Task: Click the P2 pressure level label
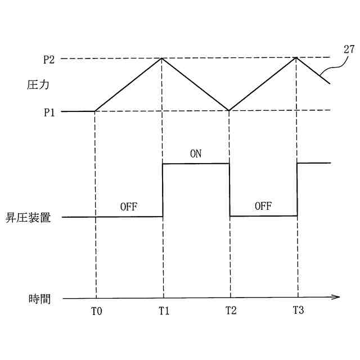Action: point(49,58)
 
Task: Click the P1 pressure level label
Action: point(49,111)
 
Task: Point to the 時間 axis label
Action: point(39,299)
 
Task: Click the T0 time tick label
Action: point(97,311)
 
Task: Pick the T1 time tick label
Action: point(164,311)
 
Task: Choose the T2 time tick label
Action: point(231,311)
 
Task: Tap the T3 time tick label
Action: point(298,310)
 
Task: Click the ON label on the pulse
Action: point(196,153)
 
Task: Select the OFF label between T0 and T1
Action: point(129,206)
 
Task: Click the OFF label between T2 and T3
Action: point(263,206)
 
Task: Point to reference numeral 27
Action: point(349,49)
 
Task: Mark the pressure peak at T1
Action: point(163,58)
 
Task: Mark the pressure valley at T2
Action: point(229,110)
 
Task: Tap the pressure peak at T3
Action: point(296,57)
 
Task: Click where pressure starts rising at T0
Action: point(95,111)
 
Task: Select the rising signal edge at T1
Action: point(163,190)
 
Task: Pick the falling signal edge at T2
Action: point(229,190)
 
